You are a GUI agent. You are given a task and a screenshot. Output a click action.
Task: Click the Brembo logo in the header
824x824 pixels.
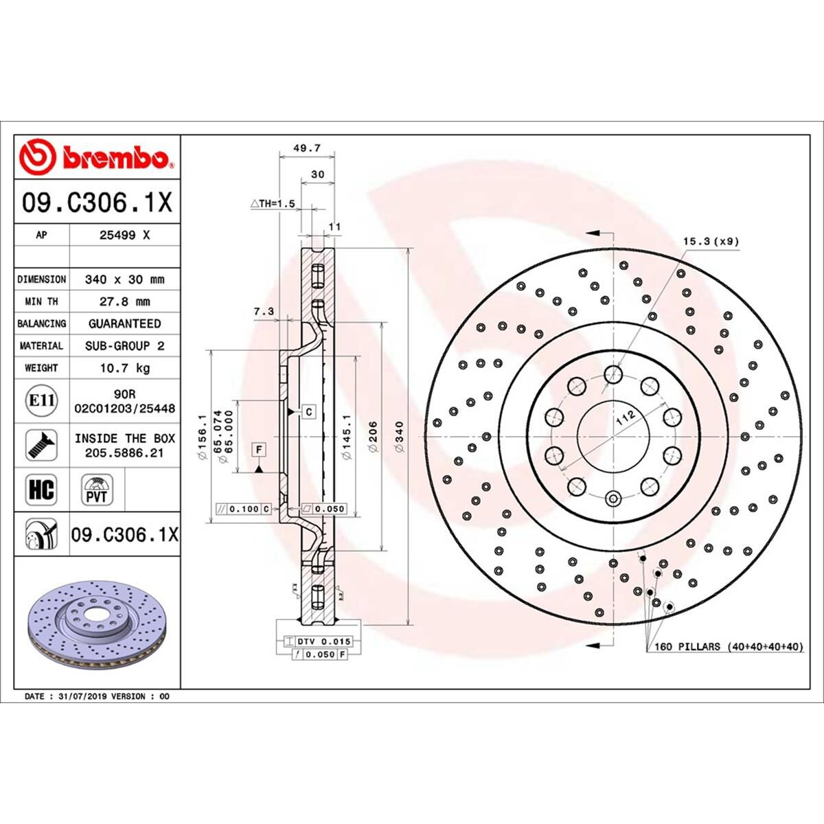point(97,157)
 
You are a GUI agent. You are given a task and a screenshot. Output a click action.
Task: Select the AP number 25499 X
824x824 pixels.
point(124,235)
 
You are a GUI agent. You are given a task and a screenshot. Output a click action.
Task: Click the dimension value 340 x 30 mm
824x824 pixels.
point(124,279)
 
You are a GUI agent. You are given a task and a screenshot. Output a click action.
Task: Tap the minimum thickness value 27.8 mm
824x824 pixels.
point(124,301)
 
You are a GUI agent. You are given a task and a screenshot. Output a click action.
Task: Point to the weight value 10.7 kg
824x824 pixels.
point(124,368)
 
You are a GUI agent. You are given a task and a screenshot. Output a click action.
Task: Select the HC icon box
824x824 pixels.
point(41,490)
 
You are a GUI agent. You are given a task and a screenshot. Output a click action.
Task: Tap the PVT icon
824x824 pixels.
point(97,490)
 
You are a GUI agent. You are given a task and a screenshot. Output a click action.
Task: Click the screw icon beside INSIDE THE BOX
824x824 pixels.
point(41,445)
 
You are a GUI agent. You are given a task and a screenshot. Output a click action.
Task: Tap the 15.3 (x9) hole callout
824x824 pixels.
point(711,241)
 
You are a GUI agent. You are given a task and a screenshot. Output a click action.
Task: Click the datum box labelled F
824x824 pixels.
point(259,450)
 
